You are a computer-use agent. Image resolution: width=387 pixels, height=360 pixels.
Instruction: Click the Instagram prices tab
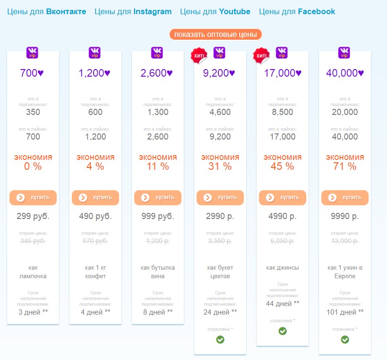tap(133, 11)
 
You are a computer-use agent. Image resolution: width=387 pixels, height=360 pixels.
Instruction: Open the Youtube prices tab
tap(215, 11)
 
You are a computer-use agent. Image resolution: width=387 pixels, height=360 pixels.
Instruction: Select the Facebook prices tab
tap(297, 11)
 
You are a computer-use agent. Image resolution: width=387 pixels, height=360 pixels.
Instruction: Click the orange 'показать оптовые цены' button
tap(215, 35)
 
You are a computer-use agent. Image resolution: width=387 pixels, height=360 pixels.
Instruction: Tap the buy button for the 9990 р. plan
tap(345, 198)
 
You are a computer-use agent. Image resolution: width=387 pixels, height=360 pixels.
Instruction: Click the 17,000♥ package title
tap(283, 73)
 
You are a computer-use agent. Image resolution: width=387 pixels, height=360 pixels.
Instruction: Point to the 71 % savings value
tap(345, 167)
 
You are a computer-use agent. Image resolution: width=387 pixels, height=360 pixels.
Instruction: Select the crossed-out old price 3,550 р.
tap(220, 241)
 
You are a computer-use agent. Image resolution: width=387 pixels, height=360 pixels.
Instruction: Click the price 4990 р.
tap(283, 217)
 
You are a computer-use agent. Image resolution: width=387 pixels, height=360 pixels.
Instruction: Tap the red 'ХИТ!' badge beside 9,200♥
tap(198, 56)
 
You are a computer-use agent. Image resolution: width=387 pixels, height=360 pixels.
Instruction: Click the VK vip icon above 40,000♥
tap(344, 52)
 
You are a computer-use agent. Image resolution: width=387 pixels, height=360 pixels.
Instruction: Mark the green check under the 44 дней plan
tap(283, 331)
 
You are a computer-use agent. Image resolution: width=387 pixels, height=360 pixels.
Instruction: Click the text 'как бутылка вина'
tap(158, 272)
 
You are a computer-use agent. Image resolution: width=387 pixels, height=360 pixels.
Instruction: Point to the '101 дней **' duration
tap(345, 312)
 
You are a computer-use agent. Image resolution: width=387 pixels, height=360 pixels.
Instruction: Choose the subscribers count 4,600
tap(220, 112)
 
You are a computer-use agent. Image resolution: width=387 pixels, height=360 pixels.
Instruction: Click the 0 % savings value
tap(33, 167)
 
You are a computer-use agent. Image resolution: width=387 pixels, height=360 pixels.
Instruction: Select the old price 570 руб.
tap(95, 241)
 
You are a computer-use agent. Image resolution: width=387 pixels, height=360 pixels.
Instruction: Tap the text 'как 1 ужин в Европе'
tap(345, 272)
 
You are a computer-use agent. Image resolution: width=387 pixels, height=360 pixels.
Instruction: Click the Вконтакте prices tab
tap(47, 11)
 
